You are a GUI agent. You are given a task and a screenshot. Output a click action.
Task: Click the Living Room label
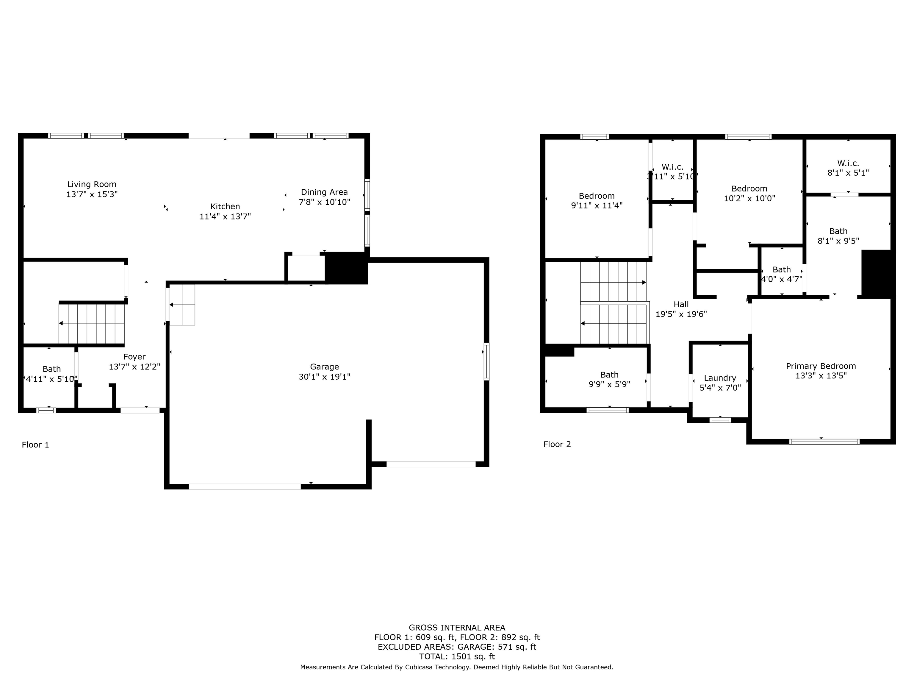(x=92, y=184)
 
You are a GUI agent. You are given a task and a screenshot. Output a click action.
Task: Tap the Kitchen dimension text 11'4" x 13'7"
(x=225, y=216)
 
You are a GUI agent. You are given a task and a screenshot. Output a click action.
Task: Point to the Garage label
(x=324, y=367)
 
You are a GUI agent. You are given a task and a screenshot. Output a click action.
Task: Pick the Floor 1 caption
(x=35, y=445)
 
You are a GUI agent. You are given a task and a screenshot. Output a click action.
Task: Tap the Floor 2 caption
(x=557, y=445)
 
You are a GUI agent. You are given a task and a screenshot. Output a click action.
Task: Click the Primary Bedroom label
(x=821, y=366)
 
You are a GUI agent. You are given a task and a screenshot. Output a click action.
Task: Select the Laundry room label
(x=720, y=378)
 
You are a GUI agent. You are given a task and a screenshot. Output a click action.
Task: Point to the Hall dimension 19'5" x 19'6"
(x=681, y=314)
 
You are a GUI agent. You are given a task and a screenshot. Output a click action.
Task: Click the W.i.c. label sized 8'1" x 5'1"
(x=848, y=163)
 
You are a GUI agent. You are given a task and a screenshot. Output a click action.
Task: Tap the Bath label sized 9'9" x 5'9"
(x=609, y=375)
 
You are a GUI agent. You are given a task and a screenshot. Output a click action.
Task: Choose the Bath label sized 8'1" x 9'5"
(x=838, y=231)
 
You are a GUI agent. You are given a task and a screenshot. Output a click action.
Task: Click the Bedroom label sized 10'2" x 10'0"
(x=749, y=188)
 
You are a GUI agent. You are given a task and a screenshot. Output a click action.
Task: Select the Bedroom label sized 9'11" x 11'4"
(x=597, y=196)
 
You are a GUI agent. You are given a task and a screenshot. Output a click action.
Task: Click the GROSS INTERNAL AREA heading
(x=457, y=628)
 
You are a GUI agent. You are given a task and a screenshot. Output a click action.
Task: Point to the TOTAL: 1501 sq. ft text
(x=457, y=657)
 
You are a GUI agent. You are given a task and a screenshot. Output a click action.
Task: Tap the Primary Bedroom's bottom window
(x=824, y=442)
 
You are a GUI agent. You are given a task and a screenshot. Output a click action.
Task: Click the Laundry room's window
(x=720, y=420)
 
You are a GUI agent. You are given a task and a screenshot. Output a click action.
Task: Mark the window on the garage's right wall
(x=487, y=361)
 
